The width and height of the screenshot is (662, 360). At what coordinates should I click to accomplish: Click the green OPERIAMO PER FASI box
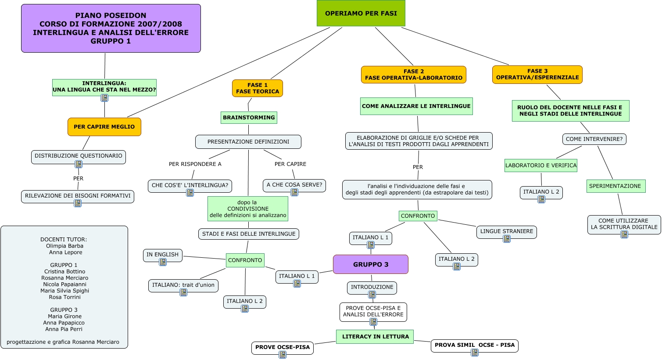point(361,14)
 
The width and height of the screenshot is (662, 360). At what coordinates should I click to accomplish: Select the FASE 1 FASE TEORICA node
point(258,88)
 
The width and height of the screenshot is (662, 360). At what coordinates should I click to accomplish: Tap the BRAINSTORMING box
point(249,118)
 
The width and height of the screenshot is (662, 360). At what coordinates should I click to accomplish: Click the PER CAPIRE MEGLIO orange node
point(104,127)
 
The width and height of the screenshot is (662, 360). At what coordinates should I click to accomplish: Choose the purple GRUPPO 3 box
point(371,264)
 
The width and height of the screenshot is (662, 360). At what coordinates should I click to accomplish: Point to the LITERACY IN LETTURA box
point(375,337)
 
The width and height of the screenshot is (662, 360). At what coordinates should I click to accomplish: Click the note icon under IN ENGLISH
point(163,262)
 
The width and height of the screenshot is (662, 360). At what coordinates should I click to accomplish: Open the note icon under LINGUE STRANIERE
point(507,239)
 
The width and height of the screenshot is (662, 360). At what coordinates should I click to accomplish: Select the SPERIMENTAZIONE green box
point(615,186)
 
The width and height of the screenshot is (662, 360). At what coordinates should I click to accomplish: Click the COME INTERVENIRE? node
point(594,139)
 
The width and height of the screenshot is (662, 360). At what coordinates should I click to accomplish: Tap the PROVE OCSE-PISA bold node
point(283,347)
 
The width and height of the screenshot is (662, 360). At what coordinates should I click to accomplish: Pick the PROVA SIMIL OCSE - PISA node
point(475,345)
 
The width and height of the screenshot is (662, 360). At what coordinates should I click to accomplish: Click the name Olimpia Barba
point(64,246)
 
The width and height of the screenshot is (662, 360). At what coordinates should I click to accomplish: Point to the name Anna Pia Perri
point(64,329)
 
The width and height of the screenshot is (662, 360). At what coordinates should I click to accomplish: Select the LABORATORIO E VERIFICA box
point(541,166)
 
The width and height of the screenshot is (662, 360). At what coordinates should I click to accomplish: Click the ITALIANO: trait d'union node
point(183,285)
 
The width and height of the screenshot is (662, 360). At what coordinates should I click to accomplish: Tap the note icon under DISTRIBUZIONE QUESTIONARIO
point(79,164)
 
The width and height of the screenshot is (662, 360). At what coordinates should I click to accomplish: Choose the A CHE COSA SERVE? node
point(294,185)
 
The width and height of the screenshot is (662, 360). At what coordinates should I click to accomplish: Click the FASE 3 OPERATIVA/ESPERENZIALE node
point(537,74)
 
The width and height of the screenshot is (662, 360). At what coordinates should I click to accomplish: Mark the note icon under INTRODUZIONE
point(372,295)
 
